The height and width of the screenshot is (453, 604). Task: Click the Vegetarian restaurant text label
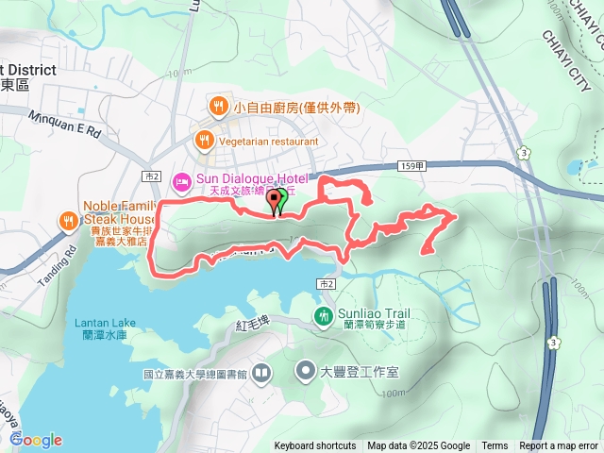click(x=267, y=140)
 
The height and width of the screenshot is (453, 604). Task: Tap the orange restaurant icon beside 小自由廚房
click(x=218, y=107)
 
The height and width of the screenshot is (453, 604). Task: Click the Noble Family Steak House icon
click(x=69, y=222)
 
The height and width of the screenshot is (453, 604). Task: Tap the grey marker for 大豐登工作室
click(x=306, y=369)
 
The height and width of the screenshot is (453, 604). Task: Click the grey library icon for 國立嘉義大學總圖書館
click(x=261, y=373)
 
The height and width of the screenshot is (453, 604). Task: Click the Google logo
click(x=36, y=440)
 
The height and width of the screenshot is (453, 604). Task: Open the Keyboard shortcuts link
click(x=315, y=446)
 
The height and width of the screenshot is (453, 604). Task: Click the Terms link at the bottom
click(x=495, y=446)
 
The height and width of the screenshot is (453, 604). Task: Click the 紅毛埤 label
click(x=252, y=326)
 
